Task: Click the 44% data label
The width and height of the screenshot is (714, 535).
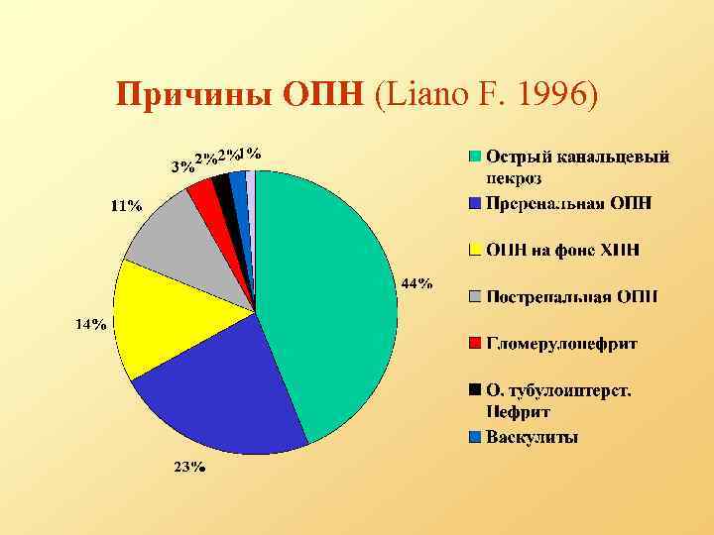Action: click(x=416, y=283)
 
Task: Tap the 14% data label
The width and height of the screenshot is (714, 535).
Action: click(x=92, y=324)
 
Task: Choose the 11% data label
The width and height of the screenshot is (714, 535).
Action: click(x=126, y=206)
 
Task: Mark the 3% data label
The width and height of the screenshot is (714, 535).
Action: click(x=181, y=166)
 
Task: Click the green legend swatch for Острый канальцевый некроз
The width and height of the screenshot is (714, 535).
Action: click(x=475, y=157)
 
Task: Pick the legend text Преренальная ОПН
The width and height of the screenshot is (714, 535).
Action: click(x=568, y=203)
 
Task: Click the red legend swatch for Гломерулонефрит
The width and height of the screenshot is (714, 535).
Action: click(x=475, y=343)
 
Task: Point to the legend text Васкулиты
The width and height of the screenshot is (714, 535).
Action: click(x=532, y=437)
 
